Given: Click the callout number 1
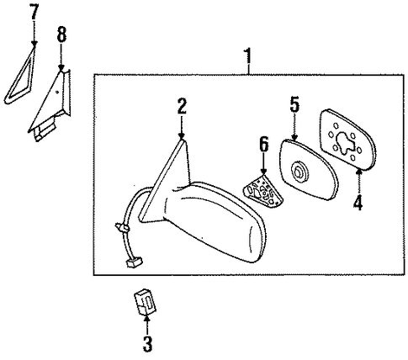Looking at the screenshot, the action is [x=247, y=56].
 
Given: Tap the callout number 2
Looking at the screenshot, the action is [x=182, y=106].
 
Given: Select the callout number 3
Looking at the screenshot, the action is [x=147, y=344].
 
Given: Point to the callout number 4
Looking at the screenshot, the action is [x=358, y=203].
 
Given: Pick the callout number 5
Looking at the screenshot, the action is [x=294, y=104].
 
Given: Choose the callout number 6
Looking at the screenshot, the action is [x=263, y=145].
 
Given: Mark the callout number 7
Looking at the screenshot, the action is [x=34, y=12].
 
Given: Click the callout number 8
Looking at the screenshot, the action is [x=61, y=34].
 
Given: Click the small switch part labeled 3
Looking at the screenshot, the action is [x=145, y=302].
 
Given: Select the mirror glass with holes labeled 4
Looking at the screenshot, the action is [x=347, y=140].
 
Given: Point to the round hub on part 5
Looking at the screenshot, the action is [x=299, y=171].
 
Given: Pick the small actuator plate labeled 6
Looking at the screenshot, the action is [x=263, y=192].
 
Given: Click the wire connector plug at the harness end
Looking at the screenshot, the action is [x=134, y=262].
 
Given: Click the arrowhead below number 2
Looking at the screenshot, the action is [x=182, y=135].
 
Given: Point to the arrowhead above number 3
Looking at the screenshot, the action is [x=147, y=318].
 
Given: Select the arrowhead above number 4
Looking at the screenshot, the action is [x=359, y=170].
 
